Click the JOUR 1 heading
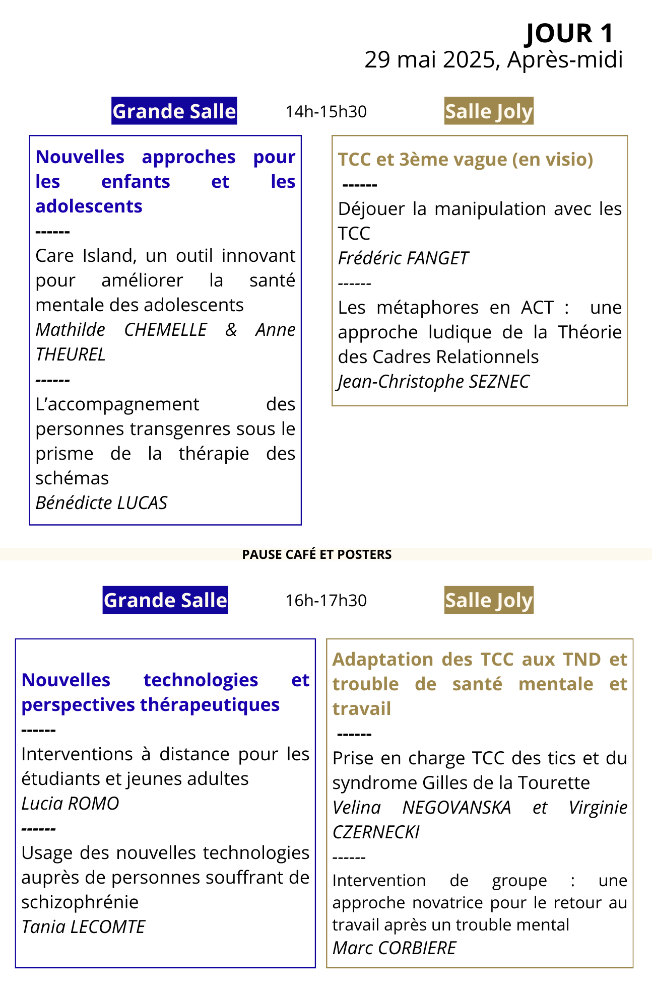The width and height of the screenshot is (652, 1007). click(569, 33)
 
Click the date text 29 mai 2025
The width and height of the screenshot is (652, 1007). click(430, 59)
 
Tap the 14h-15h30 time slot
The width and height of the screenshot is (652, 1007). click(326, 111)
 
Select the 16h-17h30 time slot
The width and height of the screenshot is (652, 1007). click(326, 600)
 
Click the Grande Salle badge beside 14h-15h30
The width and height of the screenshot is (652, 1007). click(174, 111)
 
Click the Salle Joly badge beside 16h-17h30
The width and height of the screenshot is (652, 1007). click(489, 600)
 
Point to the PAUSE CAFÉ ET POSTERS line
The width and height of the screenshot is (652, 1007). click(317, 554)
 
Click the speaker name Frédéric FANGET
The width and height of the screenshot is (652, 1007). click(403, 258)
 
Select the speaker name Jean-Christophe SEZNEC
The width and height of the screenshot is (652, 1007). click(434, 382)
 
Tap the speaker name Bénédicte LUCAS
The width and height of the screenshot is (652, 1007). click(101, 503)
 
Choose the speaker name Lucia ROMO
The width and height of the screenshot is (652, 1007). click(70, 804)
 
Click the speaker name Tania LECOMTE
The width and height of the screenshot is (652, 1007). click(83, 927)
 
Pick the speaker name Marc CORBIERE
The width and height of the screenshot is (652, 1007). click(394, 948)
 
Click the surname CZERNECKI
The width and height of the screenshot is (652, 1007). click(376, 832)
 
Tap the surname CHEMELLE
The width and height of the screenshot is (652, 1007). click(165, 330)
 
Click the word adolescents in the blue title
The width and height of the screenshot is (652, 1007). click(89, 206)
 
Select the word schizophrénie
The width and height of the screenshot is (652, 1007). click(80, 902)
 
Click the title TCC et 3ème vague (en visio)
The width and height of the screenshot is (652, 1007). click(466, 160)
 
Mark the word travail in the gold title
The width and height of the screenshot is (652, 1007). click(362, 709)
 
